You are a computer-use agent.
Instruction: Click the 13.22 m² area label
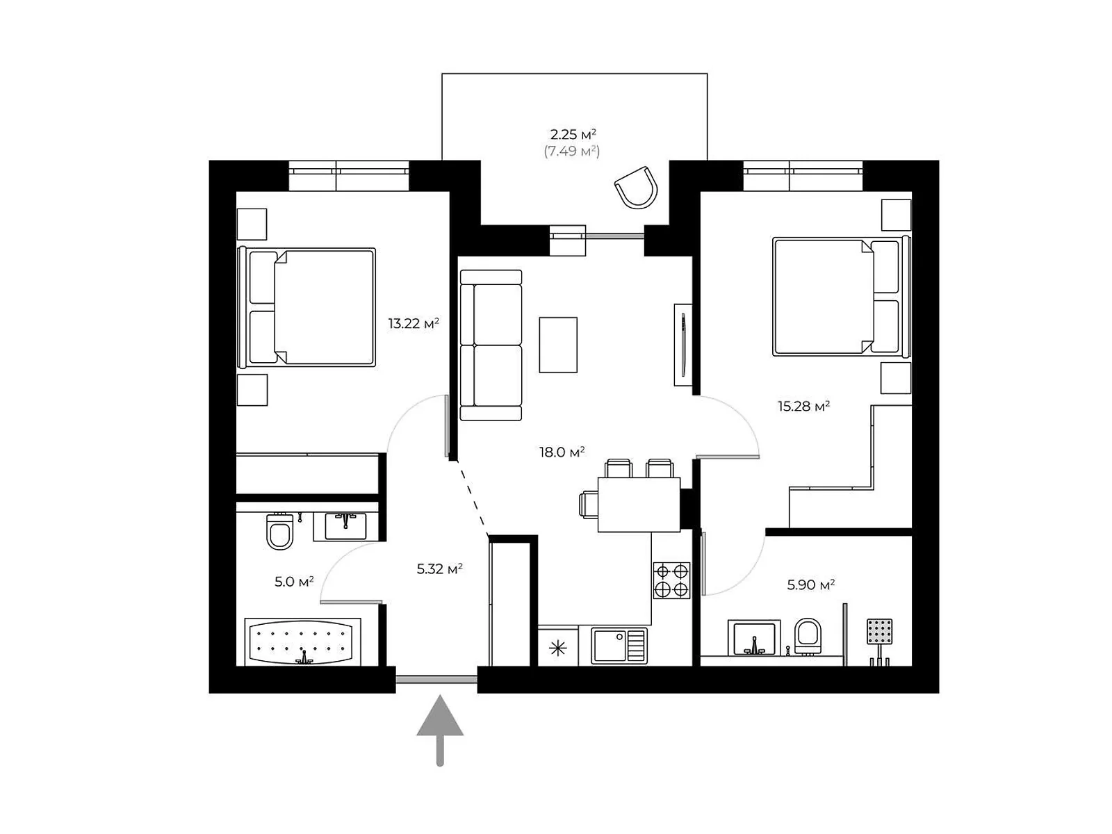point(414,323)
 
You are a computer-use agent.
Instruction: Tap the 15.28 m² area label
point(803,406)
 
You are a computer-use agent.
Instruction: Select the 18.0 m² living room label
point(562,452)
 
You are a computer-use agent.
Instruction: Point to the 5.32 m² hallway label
point(439,569)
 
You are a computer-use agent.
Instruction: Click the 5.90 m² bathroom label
point(810,585)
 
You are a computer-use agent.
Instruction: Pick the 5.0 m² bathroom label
point(294,582)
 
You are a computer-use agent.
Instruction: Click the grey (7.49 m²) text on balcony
point(571,151)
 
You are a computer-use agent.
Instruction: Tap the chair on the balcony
point(637,187)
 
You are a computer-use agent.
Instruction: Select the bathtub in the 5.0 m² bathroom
point(302,641)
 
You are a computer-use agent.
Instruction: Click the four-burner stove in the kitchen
point(671,580)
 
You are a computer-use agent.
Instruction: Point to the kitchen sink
point(618,646)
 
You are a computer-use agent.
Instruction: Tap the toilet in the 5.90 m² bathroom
point(808,635)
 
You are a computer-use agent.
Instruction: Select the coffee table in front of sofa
point(558,345)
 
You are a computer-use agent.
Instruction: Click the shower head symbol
point(879,632)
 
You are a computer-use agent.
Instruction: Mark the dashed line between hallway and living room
point(472,498)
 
